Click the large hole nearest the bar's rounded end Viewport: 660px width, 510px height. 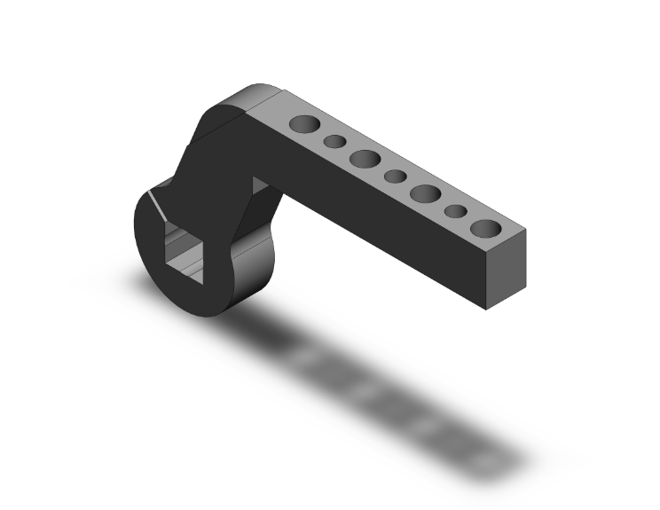point(303,123)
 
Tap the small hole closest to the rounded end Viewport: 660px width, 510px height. point(334,141)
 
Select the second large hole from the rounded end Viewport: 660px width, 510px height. point(365,159)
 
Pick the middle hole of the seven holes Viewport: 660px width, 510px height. point(395,176)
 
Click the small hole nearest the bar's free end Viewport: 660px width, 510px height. point(456,211)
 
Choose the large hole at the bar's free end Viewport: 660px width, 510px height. point(485,229)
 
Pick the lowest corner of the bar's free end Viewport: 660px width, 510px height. point(486,309)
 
